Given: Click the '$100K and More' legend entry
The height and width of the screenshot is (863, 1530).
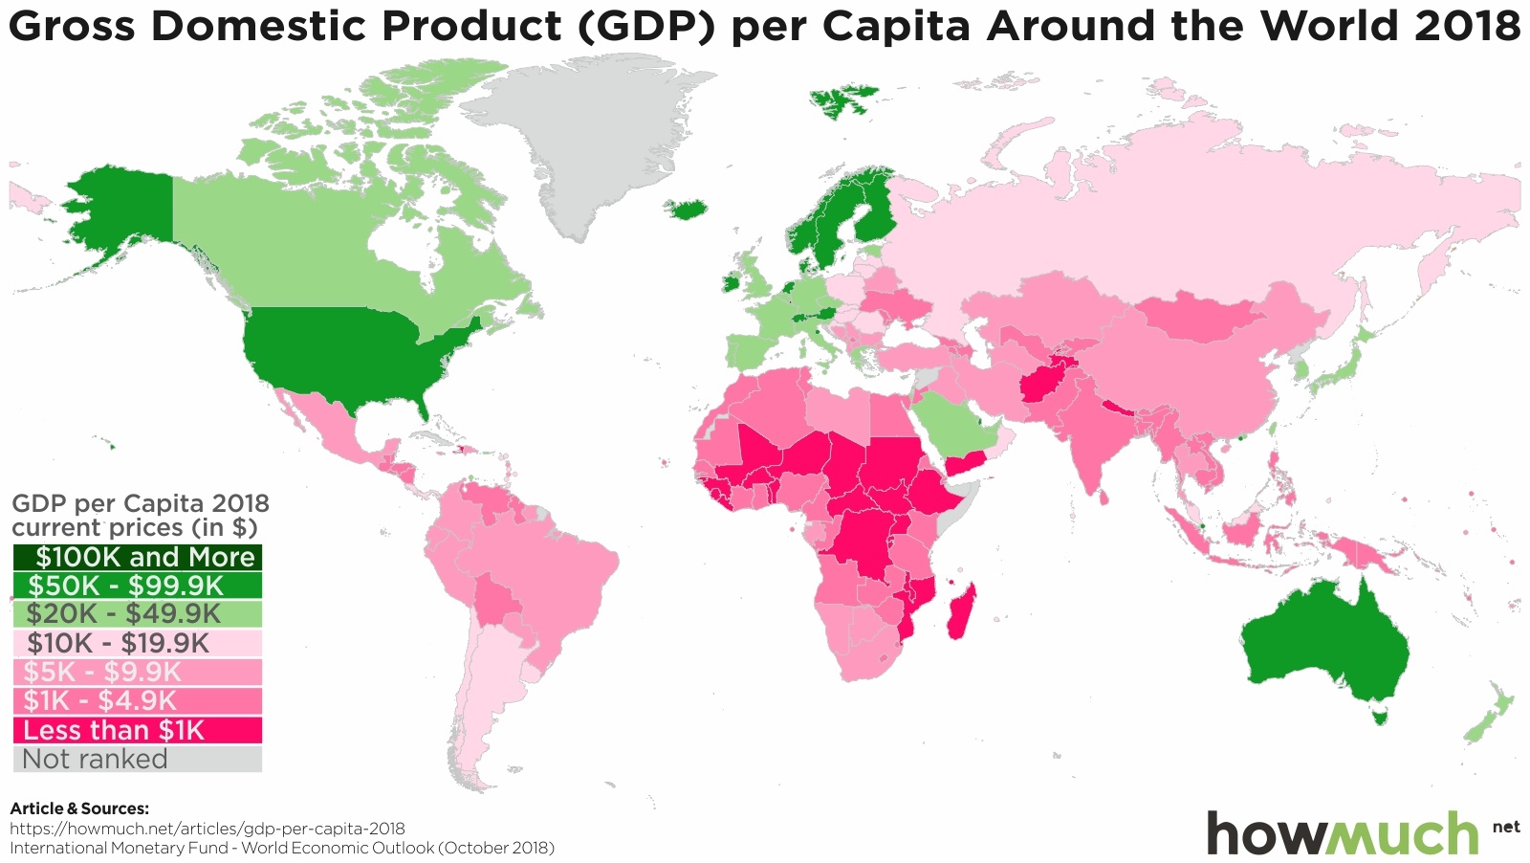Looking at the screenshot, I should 137,558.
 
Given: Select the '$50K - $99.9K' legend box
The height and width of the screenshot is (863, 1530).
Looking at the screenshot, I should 137,586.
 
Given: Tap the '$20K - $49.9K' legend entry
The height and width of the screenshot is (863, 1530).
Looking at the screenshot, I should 137,614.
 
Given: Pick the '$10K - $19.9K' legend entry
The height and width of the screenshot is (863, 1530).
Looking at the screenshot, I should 137,643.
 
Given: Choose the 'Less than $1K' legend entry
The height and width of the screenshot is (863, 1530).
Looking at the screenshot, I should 137,730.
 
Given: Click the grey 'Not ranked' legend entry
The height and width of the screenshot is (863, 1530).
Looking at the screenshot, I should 137,759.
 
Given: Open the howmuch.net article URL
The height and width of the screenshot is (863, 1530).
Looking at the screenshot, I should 208,829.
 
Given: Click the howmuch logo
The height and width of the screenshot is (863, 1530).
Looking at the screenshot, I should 1344,832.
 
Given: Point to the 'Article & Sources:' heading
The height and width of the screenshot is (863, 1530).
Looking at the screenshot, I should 79,808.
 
